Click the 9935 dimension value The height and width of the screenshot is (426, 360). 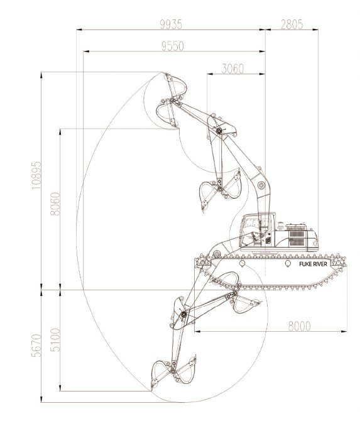click(x=171, y=25)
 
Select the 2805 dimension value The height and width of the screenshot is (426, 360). click(x=292, y=25)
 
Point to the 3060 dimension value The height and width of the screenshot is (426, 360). click(x=232, y=69)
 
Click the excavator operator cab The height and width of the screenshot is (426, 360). click(x=258, y=229)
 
